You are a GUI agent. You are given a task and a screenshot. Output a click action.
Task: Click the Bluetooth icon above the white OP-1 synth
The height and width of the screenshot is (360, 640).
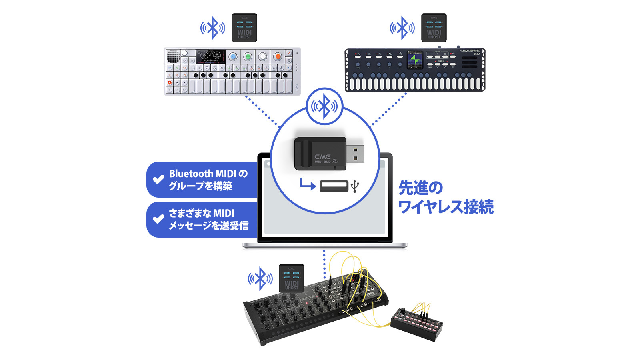point(212,28)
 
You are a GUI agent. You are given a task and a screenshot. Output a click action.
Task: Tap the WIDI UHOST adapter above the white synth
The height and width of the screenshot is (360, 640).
point(244,28)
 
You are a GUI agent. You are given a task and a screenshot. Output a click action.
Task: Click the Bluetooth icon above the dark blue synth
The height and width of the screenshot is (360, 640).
point(402,28)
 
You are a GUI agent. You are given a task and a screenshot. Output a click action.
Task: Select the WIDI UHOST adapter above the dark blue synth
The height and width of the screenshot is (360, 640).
point(434,28)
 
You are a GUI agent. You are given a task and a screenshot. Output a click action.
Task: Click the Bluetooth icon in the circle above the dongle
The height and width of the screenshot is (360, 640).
point(324,106)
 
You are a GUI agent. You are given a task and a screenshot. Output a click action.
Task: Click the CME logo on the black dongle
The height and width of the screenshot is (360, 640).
point(322,156)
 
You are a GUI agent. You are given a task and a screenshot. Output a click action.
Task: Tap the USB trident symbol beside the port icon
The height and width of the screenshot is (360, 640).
point(355,186)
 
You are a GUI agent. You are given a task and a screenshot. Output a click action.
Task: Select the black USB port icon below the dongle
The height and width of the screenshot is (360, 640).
point(334,186)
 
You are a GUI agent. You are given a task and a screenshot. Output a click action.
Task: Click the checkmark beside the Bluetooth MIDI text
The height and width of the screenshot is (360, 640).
point(159,179)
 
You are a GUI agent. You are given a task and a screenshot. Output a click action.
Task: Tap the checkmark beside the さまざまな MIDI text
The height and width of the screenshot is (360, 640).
point(159,219)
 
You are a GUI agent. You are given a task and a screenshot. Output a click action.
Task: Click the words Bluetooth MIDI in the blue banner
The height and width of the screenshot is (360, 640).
point(202,174)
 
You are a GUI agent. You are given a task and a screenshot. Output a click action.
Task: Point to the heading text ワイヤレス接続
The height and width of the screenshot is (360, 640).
point(446,207)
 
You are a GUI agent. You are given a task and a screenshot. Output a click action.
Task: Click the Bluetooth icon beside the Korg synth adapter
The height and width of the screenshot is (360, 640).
point(260,278)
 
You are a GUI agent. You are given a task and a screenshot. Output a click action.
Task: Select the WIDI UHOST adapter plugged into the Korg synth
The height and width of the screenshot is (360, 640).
point(292,278)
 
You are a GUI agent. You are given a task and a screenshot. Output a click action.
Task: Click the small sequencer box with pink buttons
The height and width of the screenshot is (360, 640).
point(416,324)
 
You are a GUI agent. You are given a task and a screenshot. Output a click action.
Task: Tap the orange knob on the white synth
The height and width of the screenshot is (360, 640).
point(277,56)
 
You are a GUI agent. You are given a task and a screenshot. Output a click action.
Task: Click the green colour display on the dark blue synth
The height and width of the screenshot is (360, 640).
point(414,60)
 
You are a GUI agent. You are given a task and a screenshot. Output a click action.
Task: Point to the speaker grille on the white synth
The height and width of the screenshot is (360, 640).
point(173,56)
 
